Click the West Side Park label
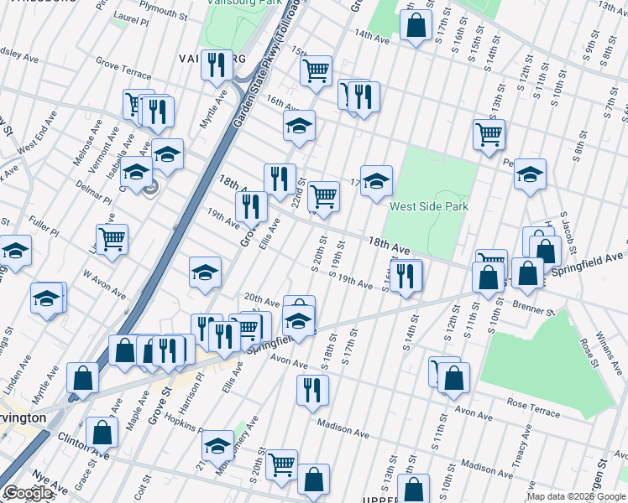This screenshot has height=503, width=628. click(428, 205)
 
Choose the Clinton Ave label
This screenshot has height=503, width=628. click(84, 444)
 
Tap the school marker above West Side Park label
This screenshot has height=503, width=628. click(377, 179)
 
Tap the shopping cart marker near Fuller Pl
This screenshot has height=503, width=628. click(112, 239)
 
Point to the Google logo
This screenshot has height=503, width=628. click(29, 494)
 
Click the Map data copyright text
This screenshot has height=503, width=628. click(576, 495)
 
